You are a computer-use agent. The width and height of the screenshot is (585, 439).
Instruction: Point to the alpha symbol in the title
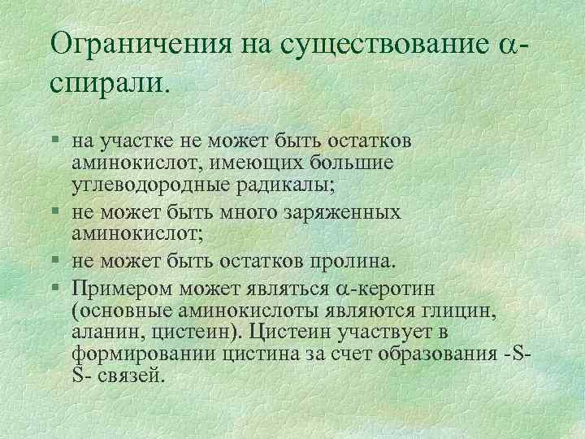(x=505, y=46)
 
